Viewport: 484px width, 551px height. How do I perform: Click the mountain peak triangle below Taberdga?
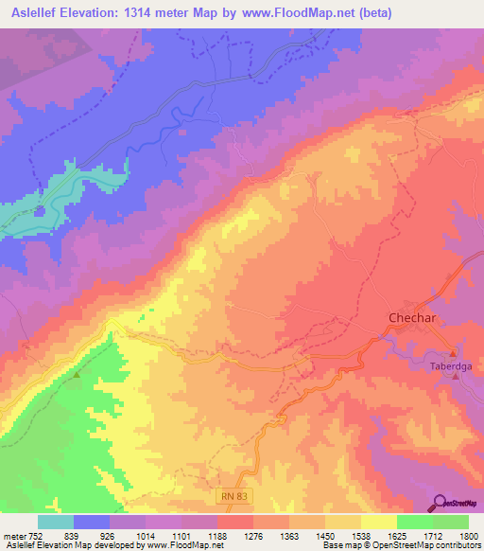[x=456, y=376]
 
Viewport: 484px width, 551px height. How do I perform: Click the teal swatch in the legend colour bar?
[x=55, y=522]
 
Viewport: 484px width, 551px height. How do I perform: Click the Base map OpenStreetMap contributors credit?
[x=399, y=546]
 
